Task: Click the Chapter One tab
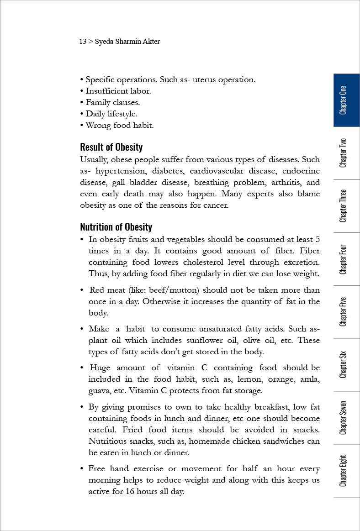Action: click(346, 100)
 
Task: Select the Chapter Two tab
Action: click(346, 153)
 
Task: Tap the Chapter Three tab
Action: click(346, 206)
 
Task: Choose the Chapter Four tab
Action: click(346, 259)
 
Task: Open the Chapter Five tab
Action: click(346, 312)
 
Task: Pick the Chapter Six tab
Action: click(346, 364)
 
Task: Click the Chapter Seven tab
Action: click(346, 417)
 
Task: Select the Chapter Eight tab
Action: click(346, 470)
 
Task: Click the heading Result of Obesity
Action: click(111, 147)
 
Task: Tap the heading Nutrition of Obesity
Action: click(116, 227)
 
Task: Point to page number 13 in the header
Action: click(83, 42)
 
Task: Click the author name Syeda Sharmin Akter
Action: click(127, 42)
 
